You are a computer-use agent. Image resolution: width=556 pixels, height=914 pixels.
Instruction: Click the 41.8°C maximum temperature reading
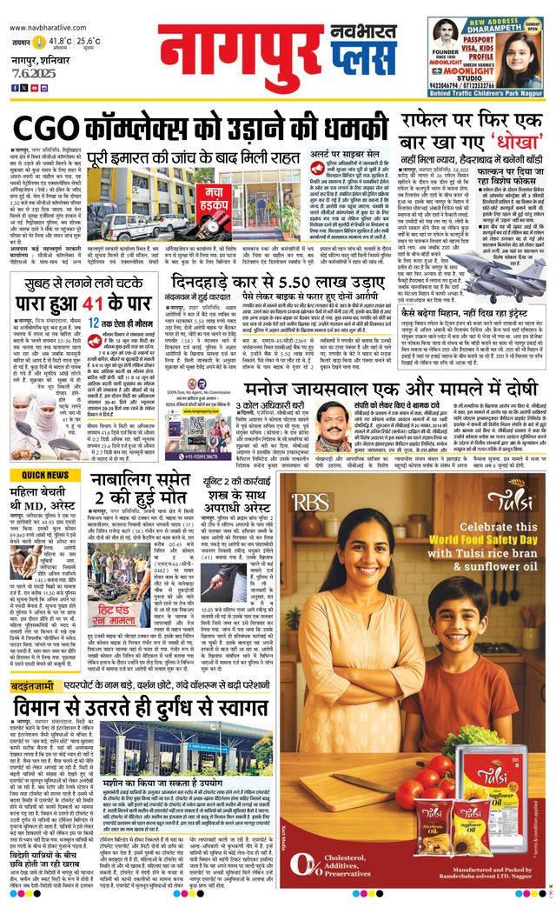pyautogui.click(x=59, y=41)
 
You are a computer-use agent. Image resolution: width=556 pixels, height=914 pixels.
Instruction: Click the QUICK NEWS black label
pyautogui.click(x=44, y=475)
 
